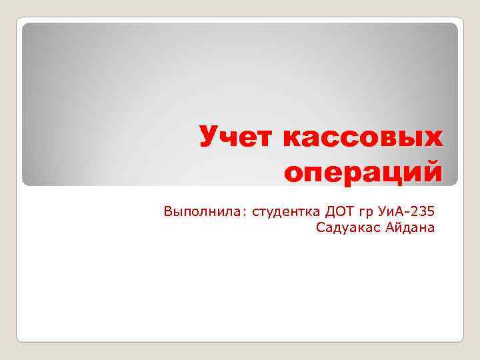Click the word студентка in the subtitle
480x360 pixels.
click(x=286, y=213)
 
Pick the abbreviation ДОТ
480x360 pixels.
click(x=340, y=213)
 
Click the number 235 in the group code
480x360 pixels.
click(x=423, y=213)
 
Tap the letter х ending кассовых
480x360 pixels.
click(x=431, y=138)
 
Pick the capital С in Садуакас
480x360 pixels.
click(x=322, y=229)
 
